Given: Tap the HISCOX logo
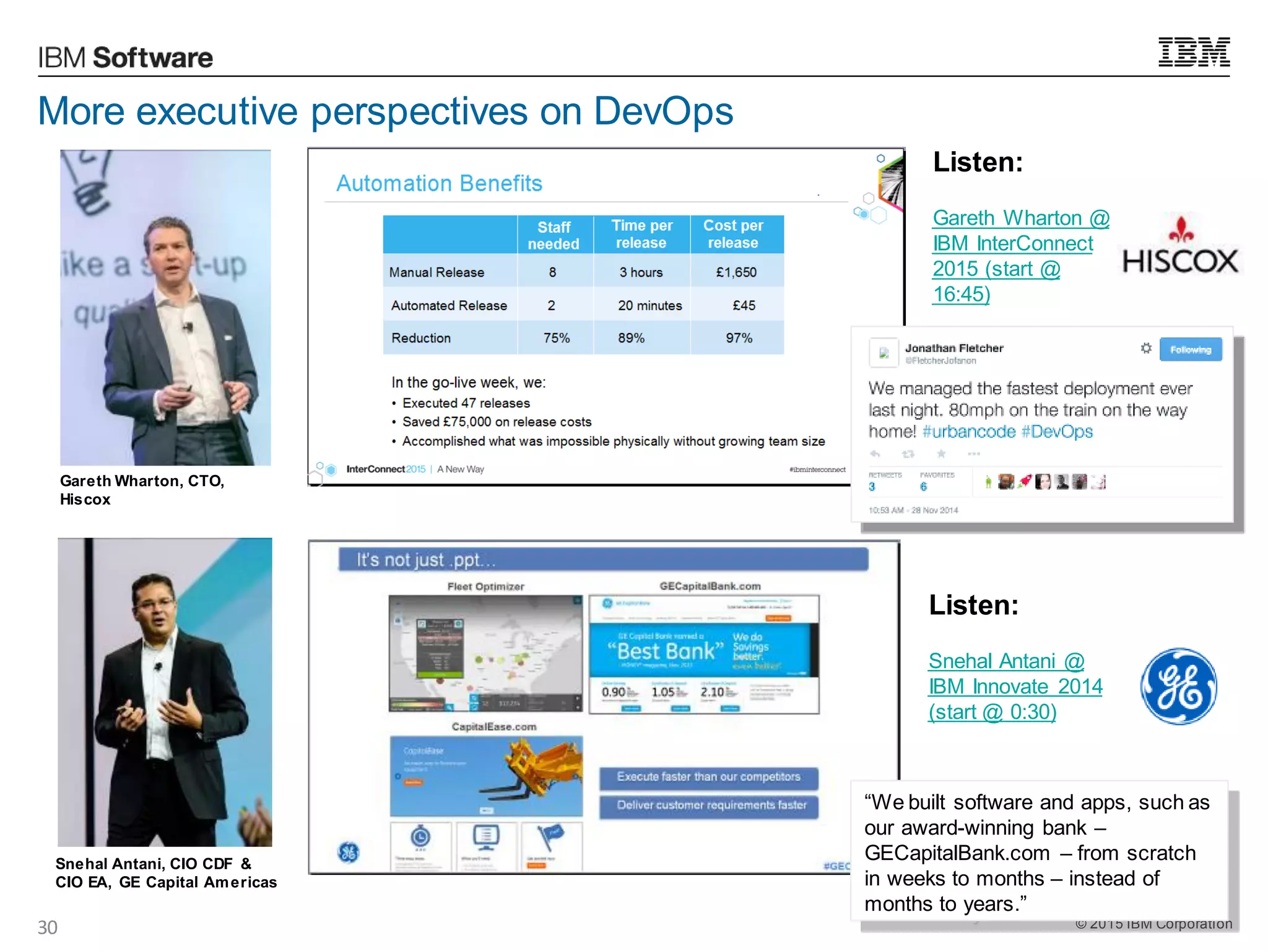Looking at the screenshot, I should pyautogui.click(x=1180, y=248).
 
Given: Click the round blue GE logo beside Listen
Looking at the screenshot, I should pyautogui.click(x=1179, y=687).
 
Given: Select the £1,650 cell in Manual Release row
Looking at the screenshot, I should pyautogui.click(x=736, y=272).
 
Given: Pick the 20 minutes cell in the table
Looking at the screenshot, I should pyautogui.click(x=649, y=306).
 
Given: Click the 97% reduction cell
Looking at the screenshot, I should pyautogui.click(x=739, y=338).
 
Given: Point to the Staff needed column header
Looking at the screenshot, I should pyautogui.click(x=554, y=235).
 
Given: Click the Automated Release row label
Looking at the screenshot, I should pyautogui.click(x=449, y=306).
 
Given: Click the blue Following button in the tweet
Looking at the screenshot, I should pyautogui.click(x=1190, y=350).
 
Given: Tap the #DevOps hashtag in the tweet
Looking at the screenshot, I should pyautogui.click(x=1057, y=432).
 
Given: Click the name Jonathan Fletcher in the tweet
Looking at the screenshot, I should pyautogui.click(x=953, y=348).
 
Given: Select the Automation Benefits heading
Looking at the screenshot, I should pyautogui.click(x=439, y=183).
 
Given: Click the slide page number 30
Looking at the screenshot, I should pyautogui.click(x=48, y=927).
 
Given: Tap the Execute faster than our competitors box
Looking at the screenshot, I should pyautogui.click(x=708, y=777).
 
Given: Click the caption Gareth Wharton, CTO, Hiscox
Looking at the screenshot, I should pyautogui.click(x=142, y=490).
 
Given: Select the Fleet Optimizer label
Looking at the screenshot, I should pyautogui.click(x=485, y=586).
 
